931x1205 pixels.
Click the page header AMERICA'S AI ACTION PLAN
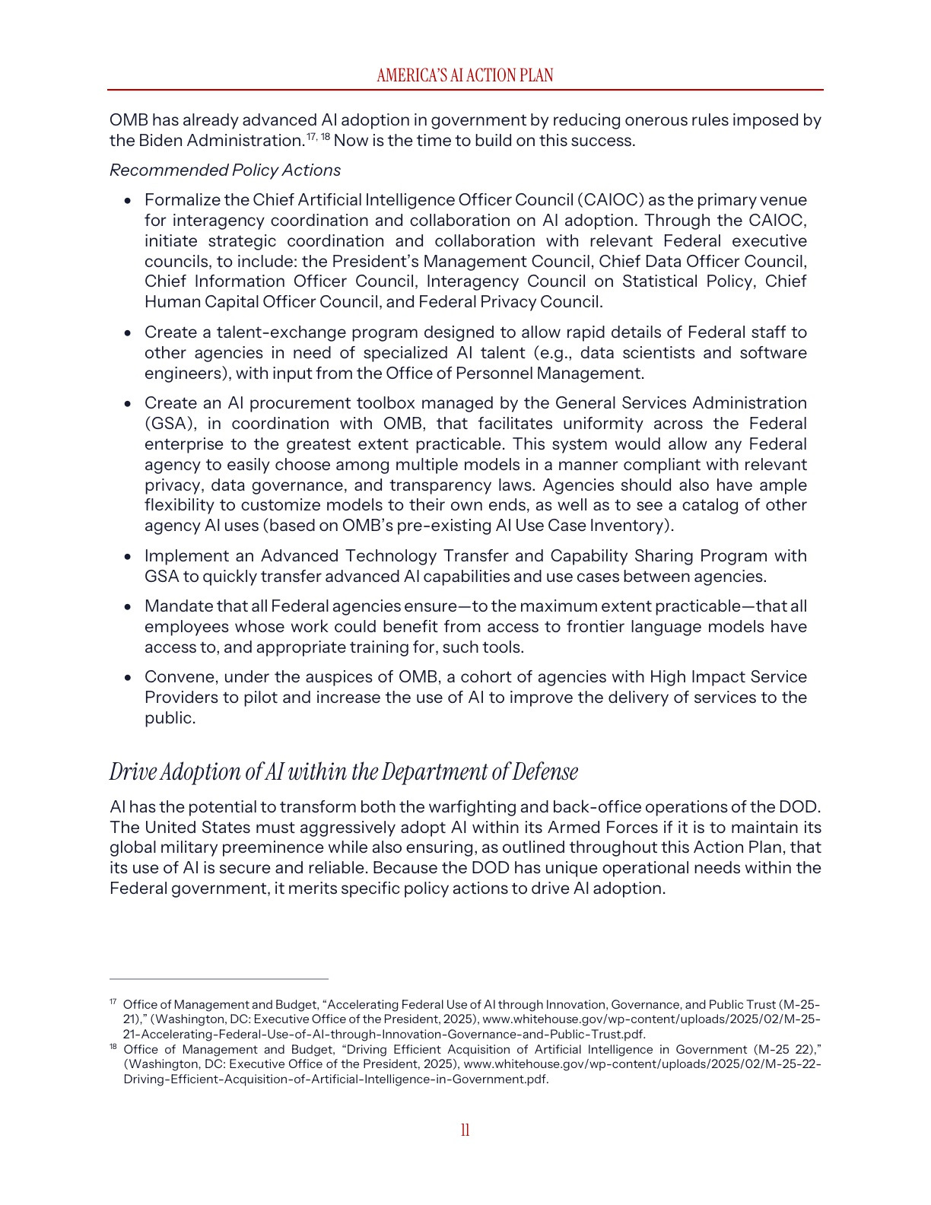pos(465,75)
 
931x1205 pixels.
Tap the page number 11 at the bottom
pos(465,1130)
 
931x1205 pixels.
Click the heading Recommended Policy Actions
pos(225,170)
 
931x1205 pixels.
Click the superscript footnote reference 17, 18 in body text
pos(319,136)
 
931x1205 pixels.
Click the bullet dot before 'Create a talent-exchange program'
pos(129,333)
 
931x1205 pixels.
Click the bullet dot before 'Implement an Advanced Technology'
pos(129,557)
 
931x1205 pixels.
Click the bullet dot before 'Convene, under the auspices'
pos(129,678)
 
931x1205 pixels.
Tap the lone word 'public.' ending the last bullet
pos(170,718)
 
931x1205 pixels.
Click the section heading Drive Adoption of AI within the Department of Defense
pos(344,771)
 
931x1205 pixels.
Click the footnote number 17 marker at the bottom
pos(113,1002)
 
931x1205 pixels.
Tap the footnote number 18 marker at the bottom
pos(113,1047)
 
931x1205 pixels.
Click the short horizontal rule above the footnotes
pos(219,979)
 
